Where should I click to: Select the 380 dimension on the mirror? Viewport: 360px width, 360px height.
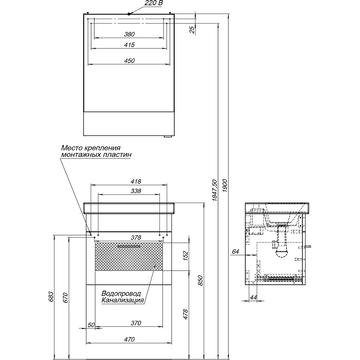130,34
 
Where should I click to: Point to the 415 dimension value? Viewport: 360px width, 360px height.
130,45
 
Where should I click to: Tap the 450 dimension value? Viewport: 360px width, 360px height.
130,61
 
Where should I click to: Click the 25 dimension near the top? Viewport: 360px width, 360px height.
193,30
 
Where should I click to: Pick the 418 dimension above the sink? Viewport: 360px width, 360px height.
136,181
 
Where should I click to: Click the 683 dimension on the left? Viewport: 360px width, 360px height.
51,296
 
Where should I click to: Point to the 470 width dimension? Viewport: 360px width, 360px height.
130,339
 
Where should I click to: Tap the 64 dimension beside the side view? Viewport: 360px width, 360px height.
235,252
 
